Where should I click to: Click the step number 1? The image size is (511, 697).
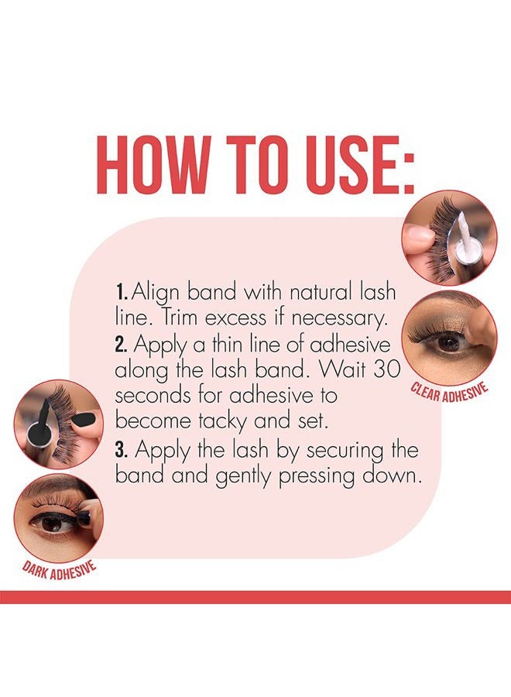click(122, 294)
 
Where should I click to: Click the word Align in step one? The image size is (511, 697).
click(156, 294)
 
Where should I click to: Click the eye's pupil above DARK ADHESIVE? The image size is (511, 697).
click(53, 523)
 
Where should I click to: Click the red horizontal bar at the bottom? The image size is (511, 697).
click(256, 596)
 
